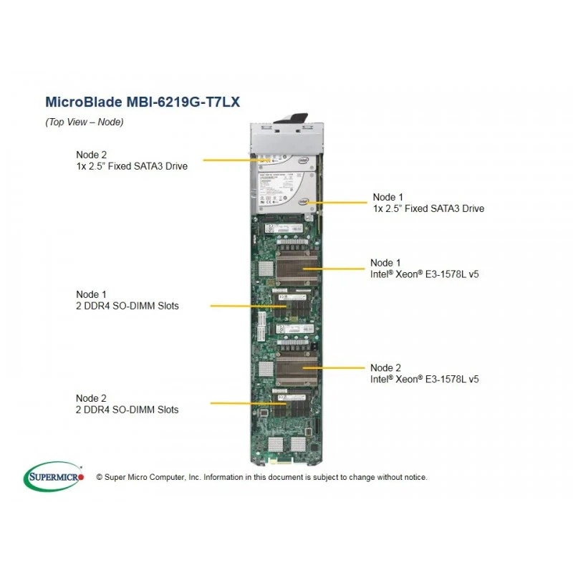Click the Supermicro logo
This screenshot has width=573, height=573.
click(x=54, y=476)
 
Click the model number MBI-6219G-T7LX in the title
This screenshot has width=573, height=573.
click(x=183, y=102)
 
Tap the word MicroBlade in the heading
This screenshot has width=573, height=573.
click(x=84, y=102)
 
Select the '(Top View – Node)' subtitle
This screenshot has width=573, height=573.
click(x=85, y=122)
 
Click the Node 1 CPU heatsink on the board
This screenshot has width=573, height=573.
click(x=297, y=268)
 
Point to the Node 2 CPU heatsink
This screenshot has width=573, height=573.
click(x=297, y=369)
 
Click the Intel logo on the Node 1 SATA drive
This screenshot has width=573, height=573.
click(x=303, y=201)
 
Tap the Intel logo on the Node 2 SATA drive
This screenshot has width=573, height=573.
click(x=303, y=160)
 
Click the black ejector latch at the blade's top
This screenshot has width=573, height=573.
click(x=292, y=118)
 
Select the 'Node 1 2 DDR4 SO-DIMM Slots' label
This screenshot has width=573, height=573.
click(x=127, y=300)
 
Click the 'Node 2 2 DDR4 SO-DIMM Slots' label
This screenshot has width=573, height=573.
click(x=127, y=404)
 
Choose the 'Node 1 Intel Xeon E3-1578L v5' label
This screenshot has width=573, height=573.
click(x=424, y=268)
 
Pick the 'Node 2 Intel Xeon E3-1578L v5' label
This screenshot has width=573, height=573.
click(x=424, y=373)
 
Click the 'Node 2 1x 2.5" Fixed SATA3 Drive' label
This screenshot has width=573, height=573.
click(x=132, y=160)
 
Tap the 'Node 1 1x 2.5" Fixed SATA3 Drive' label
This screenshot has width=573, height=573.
click(x=428, y=203)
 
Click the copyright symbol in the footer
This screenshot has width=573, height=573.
click(x=100, y=477)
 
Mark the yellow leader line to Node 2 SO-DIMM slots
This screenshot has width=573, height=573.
click(x=248, y=403)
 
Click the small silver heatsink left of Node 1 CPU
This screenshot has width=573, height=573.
click(x=266, y=269)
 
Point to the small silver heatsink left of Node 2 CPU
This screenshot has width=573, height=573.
click(x=266, y=369)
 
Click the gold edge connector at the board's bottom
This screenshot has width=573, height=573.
click(x=281, y=461)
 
